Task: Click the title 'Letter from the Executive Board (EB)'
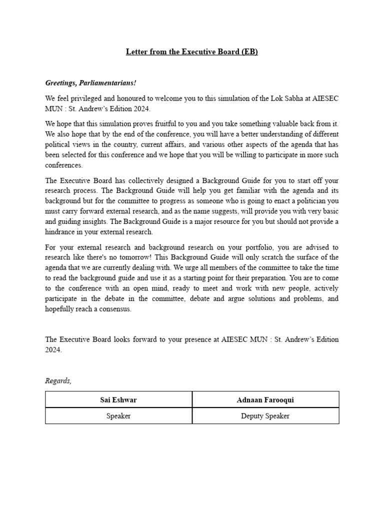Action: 192,51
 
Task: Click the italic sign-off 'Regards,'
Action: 58,381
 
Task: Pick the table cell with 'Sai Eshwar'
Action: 118,399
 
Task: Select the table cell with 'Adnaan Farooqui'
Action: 265,399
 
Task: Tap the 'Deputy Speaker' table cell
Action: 265,416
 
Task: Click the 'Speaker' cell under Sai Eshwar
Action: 118,416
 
